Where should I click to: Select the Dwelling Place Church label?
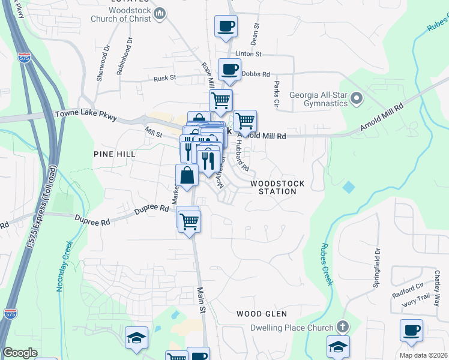[x=292, y=328]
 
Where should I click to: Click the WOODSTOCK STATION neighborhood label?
[x=277, y=187]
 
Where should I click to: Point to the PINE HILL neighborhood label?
[x=115, y=154]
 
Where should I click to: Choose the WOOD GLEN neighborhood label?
[x=261, y=314]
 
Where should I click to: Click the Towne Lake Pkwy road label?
[x=85, y=113]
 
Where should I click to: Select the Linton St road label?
[x=249, y=54]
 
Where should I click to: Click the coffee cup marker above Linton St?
[x=226, y=26]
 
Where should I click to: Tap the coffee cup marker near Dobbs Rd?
[x=229, y=70]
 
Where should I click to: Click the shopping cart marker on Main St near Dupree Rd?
[x=190, y=221]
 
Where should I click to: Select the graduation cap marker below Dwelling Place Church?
[x=338, y=346]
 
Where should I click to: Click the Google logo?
[x=20, y=353]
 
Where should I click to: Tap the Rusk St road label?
[x=164, y=77]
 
